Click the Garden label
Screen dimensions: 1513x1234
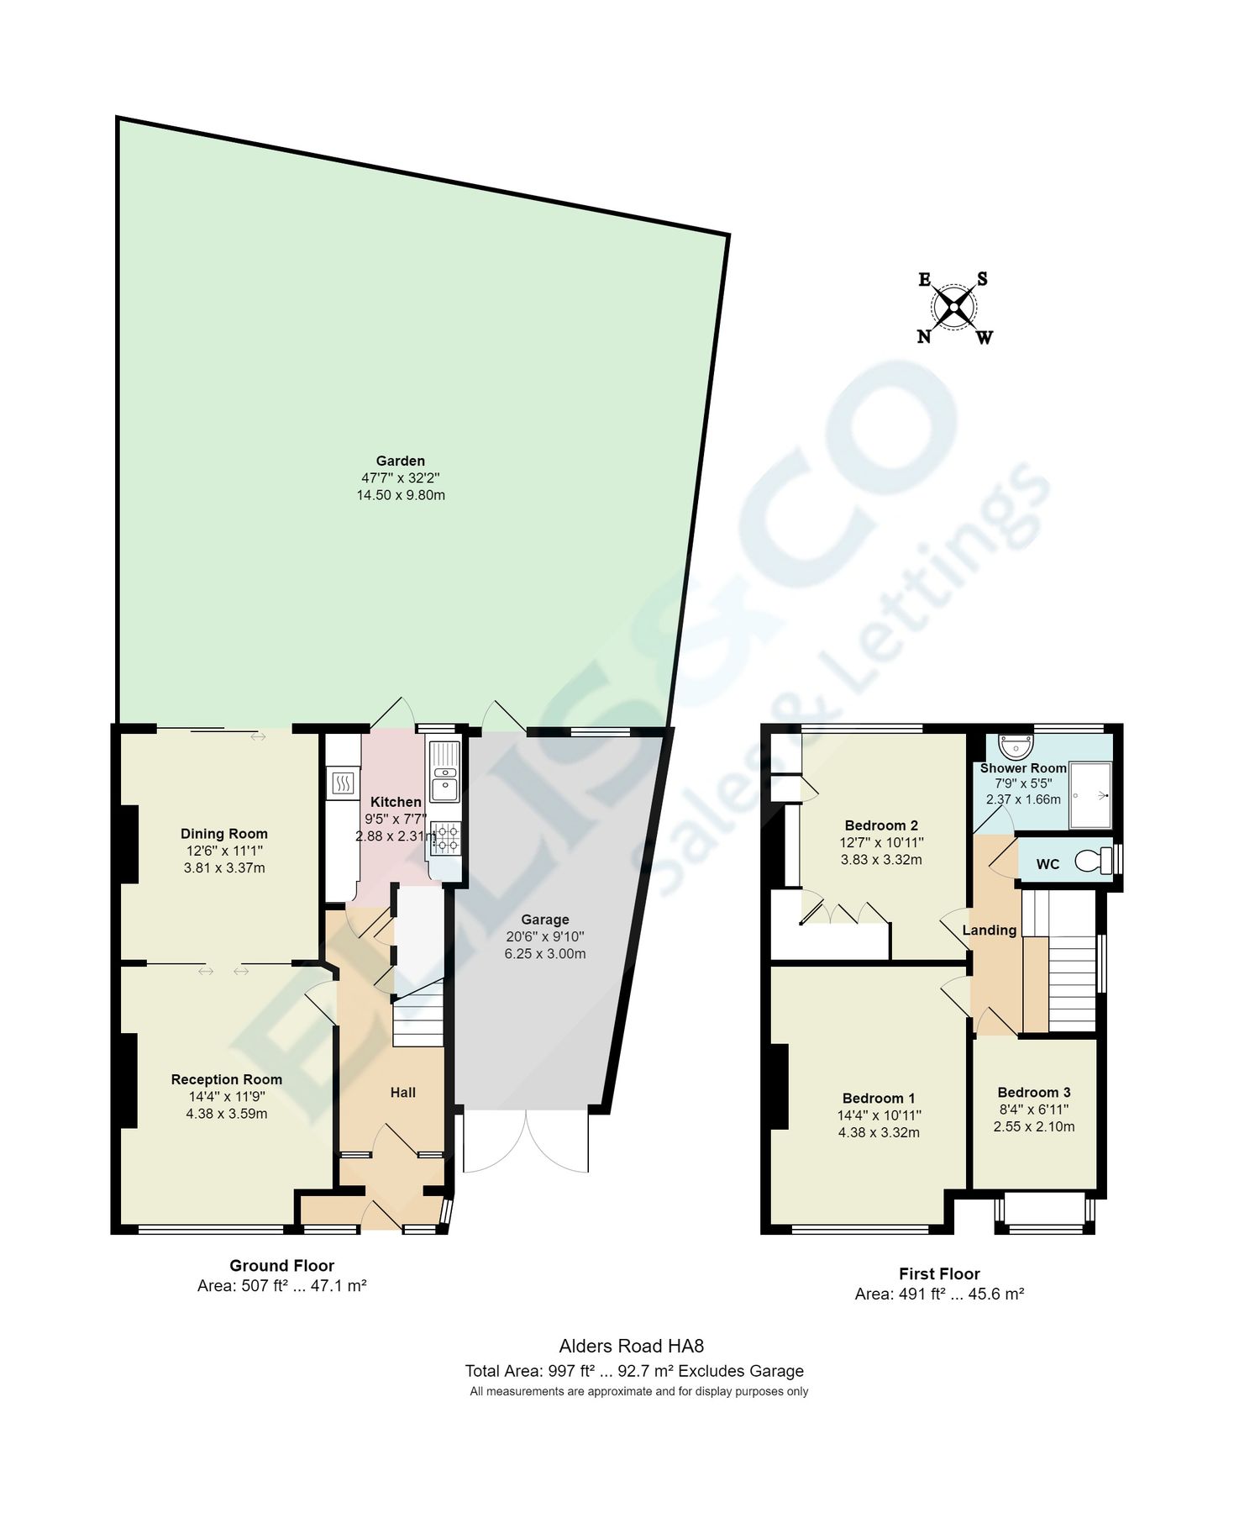tap(400, 461)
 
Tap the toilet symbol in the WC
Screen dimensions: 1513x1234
tap(1094, 861)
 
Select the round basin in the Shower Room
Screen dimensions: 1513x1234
tap(1016, 745)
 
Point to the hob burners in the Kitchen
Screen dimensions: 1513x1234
tap(445, 838)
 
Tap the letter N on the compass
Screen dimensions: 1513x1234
tap(923, 337)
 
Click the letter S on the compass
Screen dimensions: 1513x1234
tap(982, 279)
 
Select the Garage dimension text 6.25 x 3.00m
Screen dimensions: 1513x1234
tap(544, 954)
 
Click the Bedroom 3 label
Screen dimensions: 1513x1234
tap(1033, 1093)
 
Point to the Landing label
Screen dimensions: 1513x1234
tap(989, 930)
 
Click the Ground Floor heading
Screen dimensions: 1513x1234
tap(281, 1265)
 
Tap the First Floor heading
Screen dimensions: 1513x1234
tap(939, 1273)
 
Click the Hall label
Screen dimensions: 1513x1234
tap(402, 1093)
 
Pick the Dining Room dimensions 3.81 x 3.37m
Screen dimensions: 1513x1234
tap(224, 867)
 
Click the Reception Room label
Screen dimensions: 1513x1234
tap(226, 1079)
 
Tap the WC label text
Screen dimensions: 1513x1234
tap(1048, 864)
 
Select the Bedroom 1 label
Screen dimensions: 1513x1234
tap(879, 1098)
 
